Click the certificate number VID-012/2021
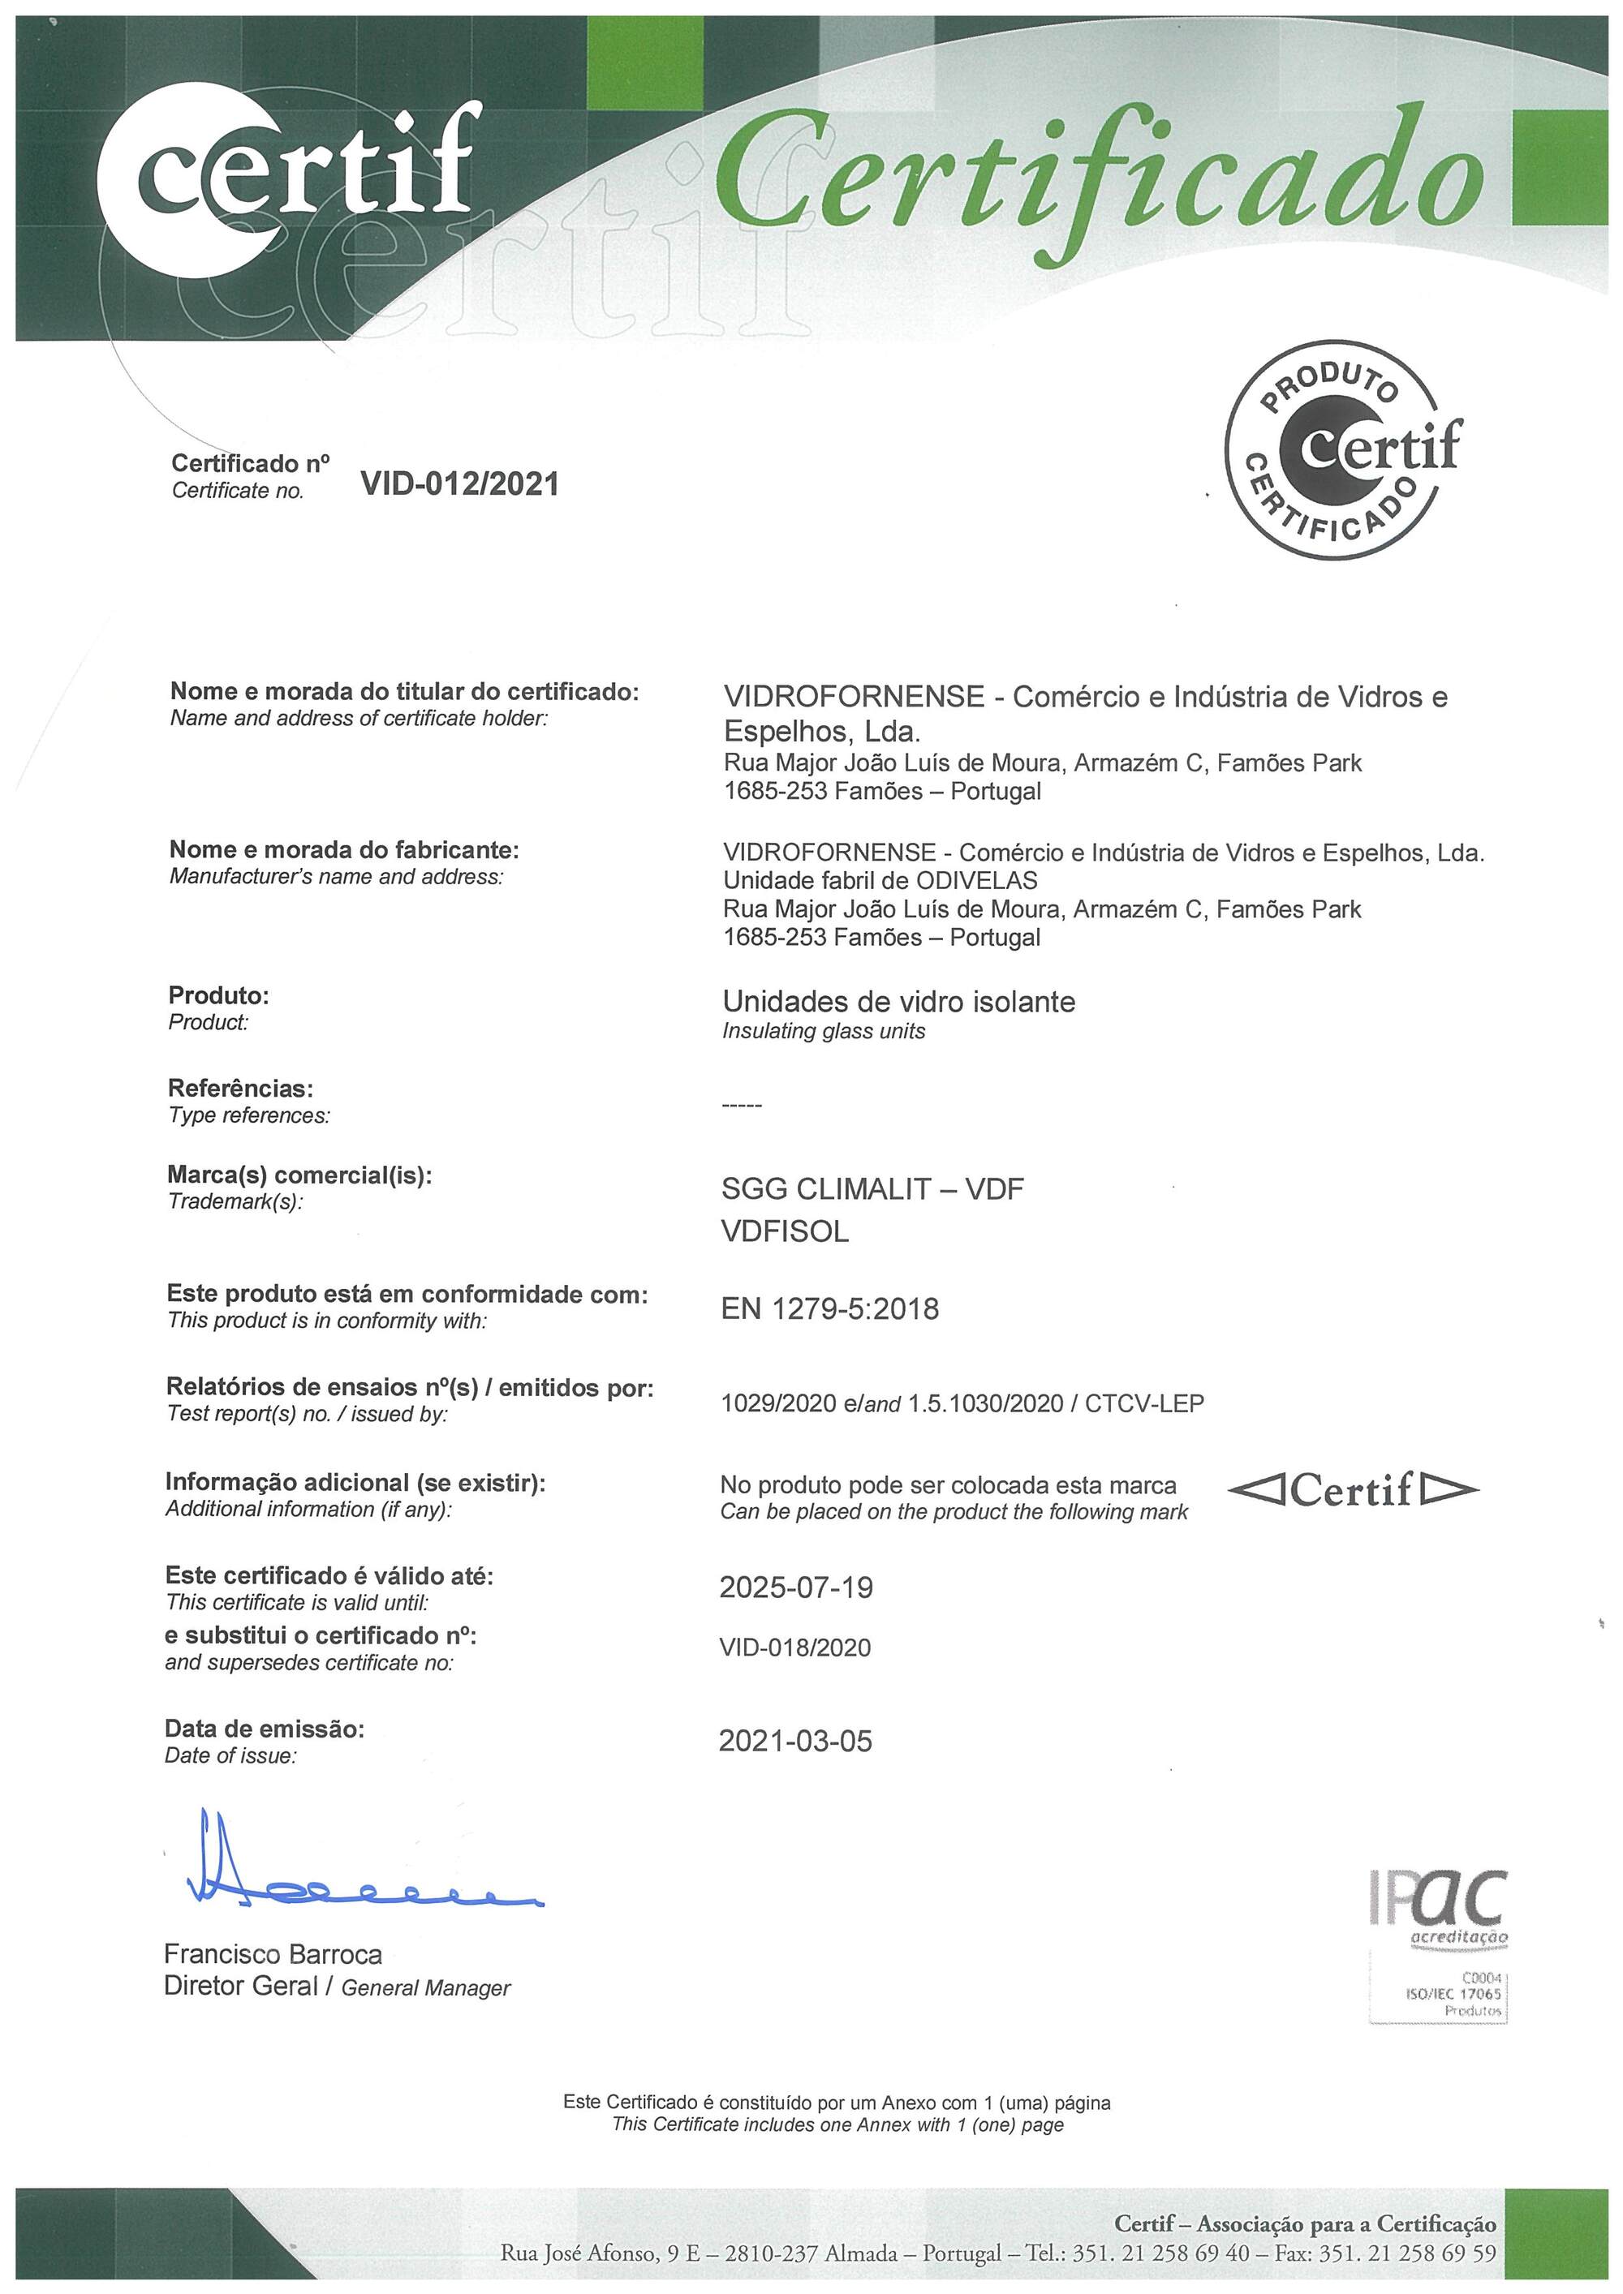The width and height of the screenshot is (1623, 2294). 460,484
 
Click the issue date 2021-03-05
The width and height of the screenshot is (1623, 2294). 795,1742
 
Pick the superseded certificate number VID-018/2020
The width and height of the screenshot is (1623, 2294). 794,1647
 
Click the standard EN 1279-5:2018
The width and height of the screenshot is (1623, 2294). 829,1309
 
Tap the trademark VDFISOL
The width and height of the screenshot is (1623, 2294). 785,1232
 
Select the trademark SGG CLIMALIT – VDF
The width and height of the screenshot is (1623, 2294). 872,1189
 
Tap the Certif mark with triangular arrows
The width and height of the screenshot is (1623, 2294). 1352,1492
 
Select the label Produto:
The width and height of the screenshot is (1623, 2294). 219,995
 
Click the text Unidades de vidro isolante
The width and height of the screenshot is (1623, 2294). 898,1002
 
